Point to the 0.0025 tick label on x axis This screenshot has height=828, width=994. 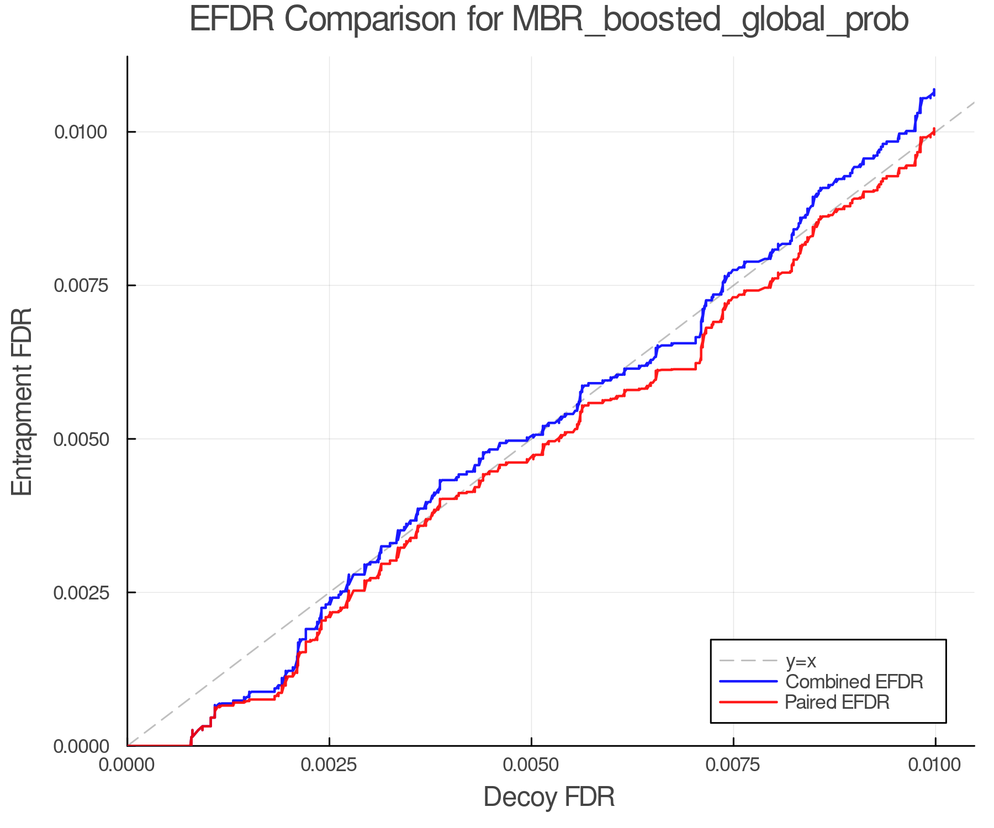(329, 765)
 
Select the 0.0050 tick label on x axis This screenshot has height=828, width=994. (531, 765)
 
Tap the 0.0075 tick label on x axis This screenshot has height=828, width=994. (733, 765)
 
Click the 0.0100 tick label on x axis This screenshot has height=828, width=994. (935, 765)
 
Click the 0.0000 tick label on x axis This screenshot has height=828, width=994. (127, 765)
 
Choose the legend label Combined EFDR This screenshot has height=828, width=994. (854, 681)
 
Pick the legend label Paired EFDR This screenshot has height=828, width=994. (837, 702)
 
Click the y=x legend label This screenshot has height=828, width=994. (801, 661)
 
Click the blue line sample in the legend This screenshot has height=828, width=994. (748, 681)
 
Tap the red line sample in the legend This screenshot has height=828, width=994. (748, 702)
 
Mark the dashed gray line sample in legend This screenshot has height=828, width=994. (748, 661)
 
